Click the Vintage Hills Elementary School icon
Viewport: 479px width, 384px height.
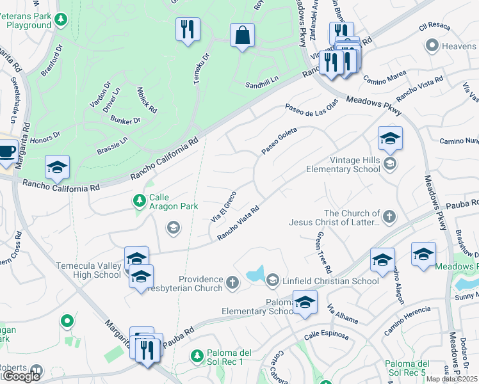[389, 164]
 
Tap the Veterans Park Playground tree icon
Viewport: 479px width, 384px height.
[61, 20]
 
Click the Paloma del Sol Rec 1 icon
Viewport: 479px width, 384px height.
[198, 355]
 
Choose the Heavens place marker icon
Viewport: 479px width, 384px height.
[432, 46]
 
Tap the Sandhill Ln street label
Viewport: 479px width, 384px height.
[263, 84]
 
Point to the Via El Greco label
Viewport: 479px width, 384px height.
[224, 205]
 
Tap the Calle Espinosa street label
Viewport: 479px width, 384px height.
[326, 335]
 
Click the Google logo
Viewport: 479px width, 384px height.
[20, 376]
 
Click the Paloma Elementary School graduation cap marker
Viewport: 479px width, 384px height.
[305, 301]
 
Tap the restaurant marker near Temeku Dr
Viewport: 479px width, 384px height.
[188, 29]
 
